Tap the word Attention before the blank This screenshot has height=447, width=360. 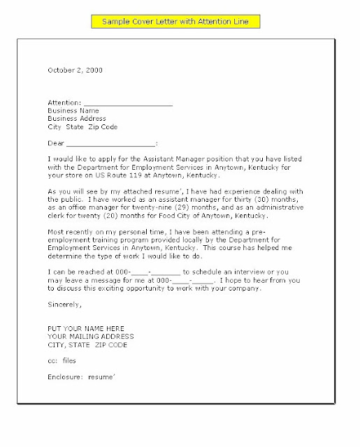click(x=64, y=102)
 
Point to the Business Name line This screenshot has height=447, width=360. click(x=73, y=110)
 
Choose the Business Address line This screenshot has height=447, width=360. click(x=77, y=119)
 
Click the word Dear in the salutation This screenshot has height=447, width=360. click(x=55, y=144)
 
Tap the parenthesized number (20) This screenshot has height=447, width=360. click(x=108, y=216)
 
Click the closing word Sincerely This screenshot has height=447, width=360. click(x=65, y=305)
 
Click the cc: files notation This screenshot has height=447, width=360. click(x=62, y=360)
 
